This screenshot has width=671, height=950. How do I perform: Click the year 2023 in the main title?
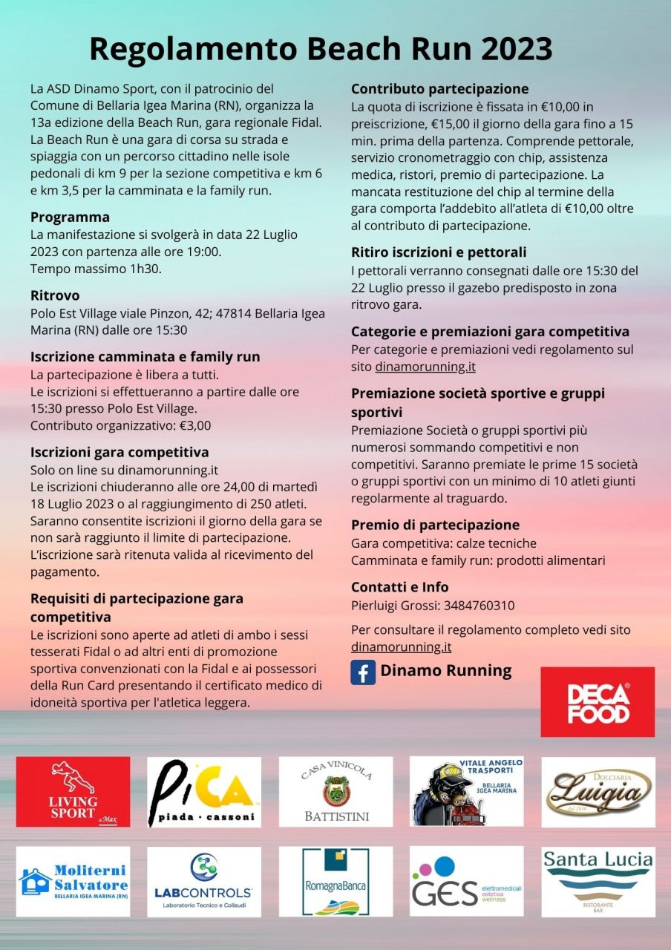pos(516,49)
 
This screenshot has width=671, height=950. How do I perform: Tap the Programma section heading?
pos(70,217)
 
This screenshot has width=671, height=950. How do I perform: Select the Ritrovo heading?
pos(55,295)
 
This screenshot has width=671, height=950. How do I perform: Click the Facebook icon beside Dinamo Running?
pos(363,672)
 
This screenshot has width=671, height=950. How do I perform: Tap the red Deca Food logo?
pos(598,702)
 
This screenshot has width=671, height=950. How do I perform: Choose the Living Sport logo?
pos(73,792)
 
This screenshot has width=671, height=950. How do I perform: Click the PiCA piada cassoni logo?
pos(204,792)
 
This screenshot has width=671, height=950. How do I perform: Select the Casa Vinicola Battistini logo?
pos(335,792)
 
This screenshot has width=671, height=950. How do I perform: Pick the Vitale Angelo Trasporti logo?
pos(467,792)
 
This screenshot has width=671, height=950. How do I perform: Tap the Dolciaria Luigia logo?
pos(598,792)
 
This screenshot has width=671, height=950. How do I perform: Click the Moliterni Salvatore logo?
pos(73,882)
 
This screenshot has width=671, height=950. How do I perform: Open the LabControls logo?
pos(204,882)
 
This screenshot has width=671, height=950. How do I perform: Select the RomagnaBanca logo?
pos(335,882)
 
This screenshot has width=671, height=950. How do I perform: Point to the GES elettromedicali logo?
pos(467,882)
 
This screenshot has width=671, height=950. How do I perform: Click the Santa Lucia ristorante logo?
pos(598,882)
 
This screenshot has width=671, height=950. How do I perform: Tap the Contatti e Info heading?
pos(399,587)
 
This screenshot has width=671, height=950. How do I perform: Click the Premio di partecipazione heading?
pos(435,525)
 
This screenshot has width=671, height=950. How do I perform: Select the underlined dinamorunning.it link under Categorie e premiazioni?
pos(425,367)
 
